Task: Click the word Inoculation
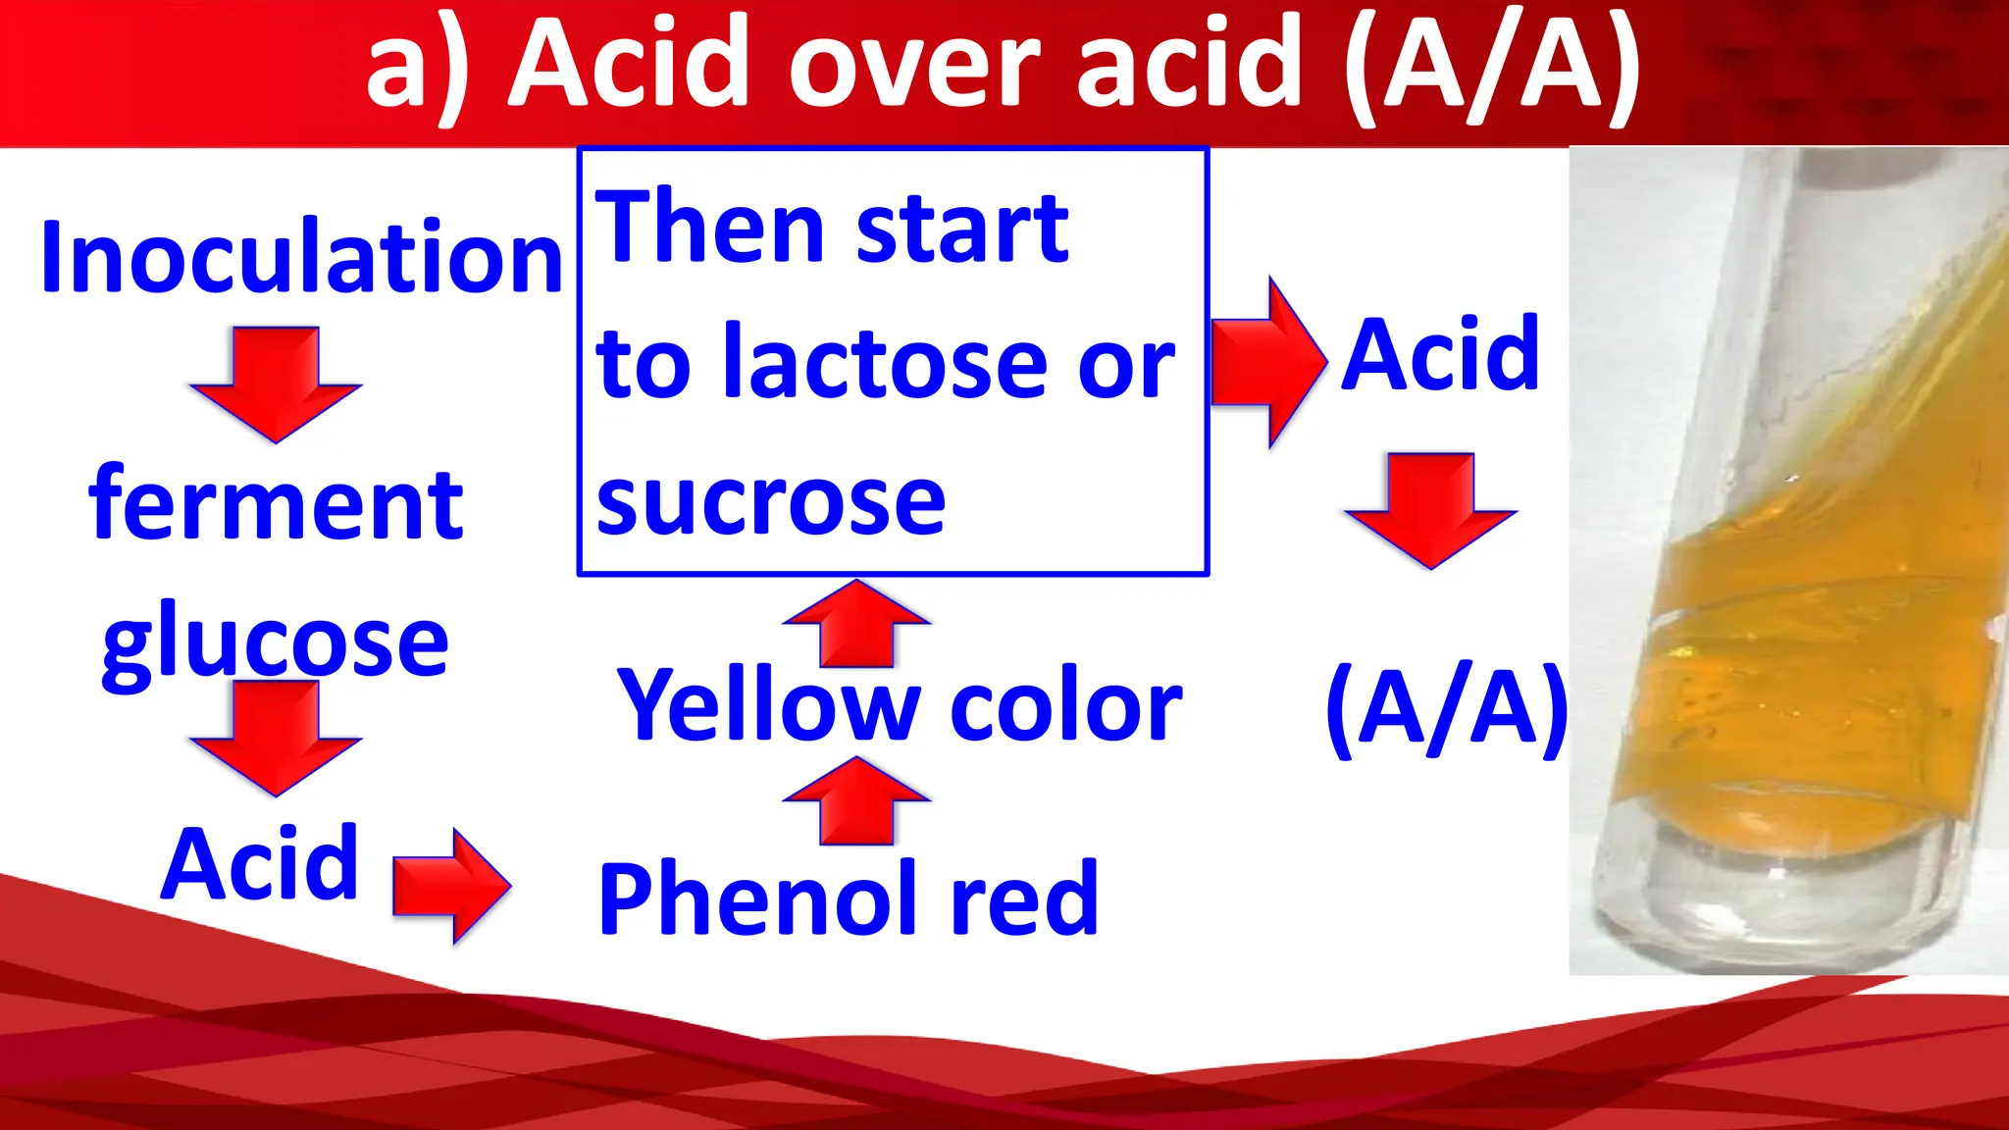point(301,257)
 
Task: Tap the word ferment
point(276,504)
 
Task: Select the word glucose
point(276,642)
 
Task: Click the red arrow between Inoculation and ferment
point(276,384)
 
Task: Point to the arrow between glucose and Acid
point(276,737)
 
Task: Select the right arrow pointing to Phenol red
point(450,886)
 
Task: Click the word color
point(1065,704)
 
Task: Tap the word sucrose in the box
point(771,501)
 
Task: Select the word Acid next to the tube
point(1440,354)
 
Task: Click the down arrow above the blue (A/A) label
point(1431,509)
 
